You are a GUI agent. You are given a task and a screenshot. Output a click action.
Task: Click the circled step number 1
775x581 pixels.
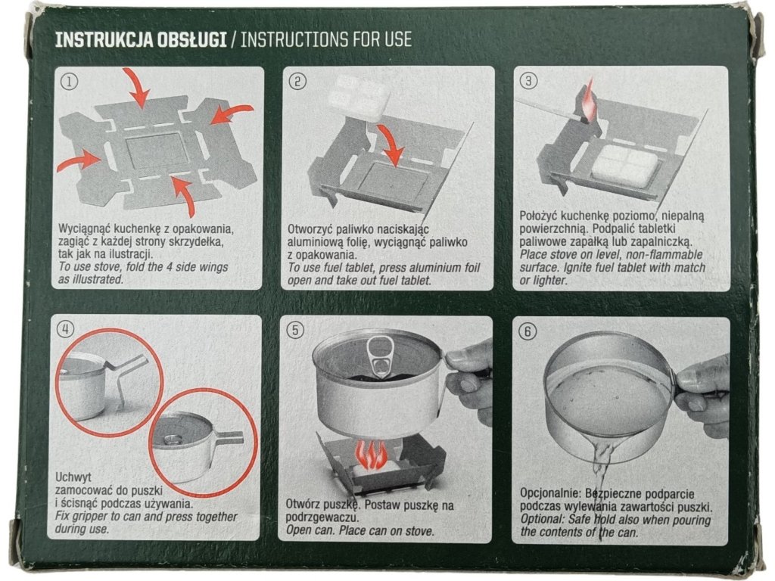69,81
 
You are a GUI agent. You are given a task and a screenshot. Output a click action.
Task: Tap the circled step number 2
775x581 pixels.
297,80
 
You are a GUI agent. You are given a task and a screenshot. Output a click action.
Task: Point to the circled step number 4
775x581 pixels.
66,329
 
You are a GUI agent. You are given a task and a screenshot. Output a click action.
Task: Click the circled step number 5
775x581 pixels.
296,330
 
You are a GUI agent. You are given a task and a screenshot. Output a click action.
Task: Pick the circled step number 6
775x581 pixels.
528,331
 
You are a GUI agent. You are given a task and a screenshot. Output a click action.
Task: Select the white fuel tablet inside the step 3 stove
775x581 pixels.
624,166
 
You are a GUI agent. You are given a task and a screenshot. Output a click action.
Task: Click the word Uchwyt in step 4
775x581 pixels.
73,478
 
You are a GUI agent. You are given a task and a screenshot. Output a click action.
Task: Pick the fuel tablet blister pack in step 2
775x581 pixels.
357,98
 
